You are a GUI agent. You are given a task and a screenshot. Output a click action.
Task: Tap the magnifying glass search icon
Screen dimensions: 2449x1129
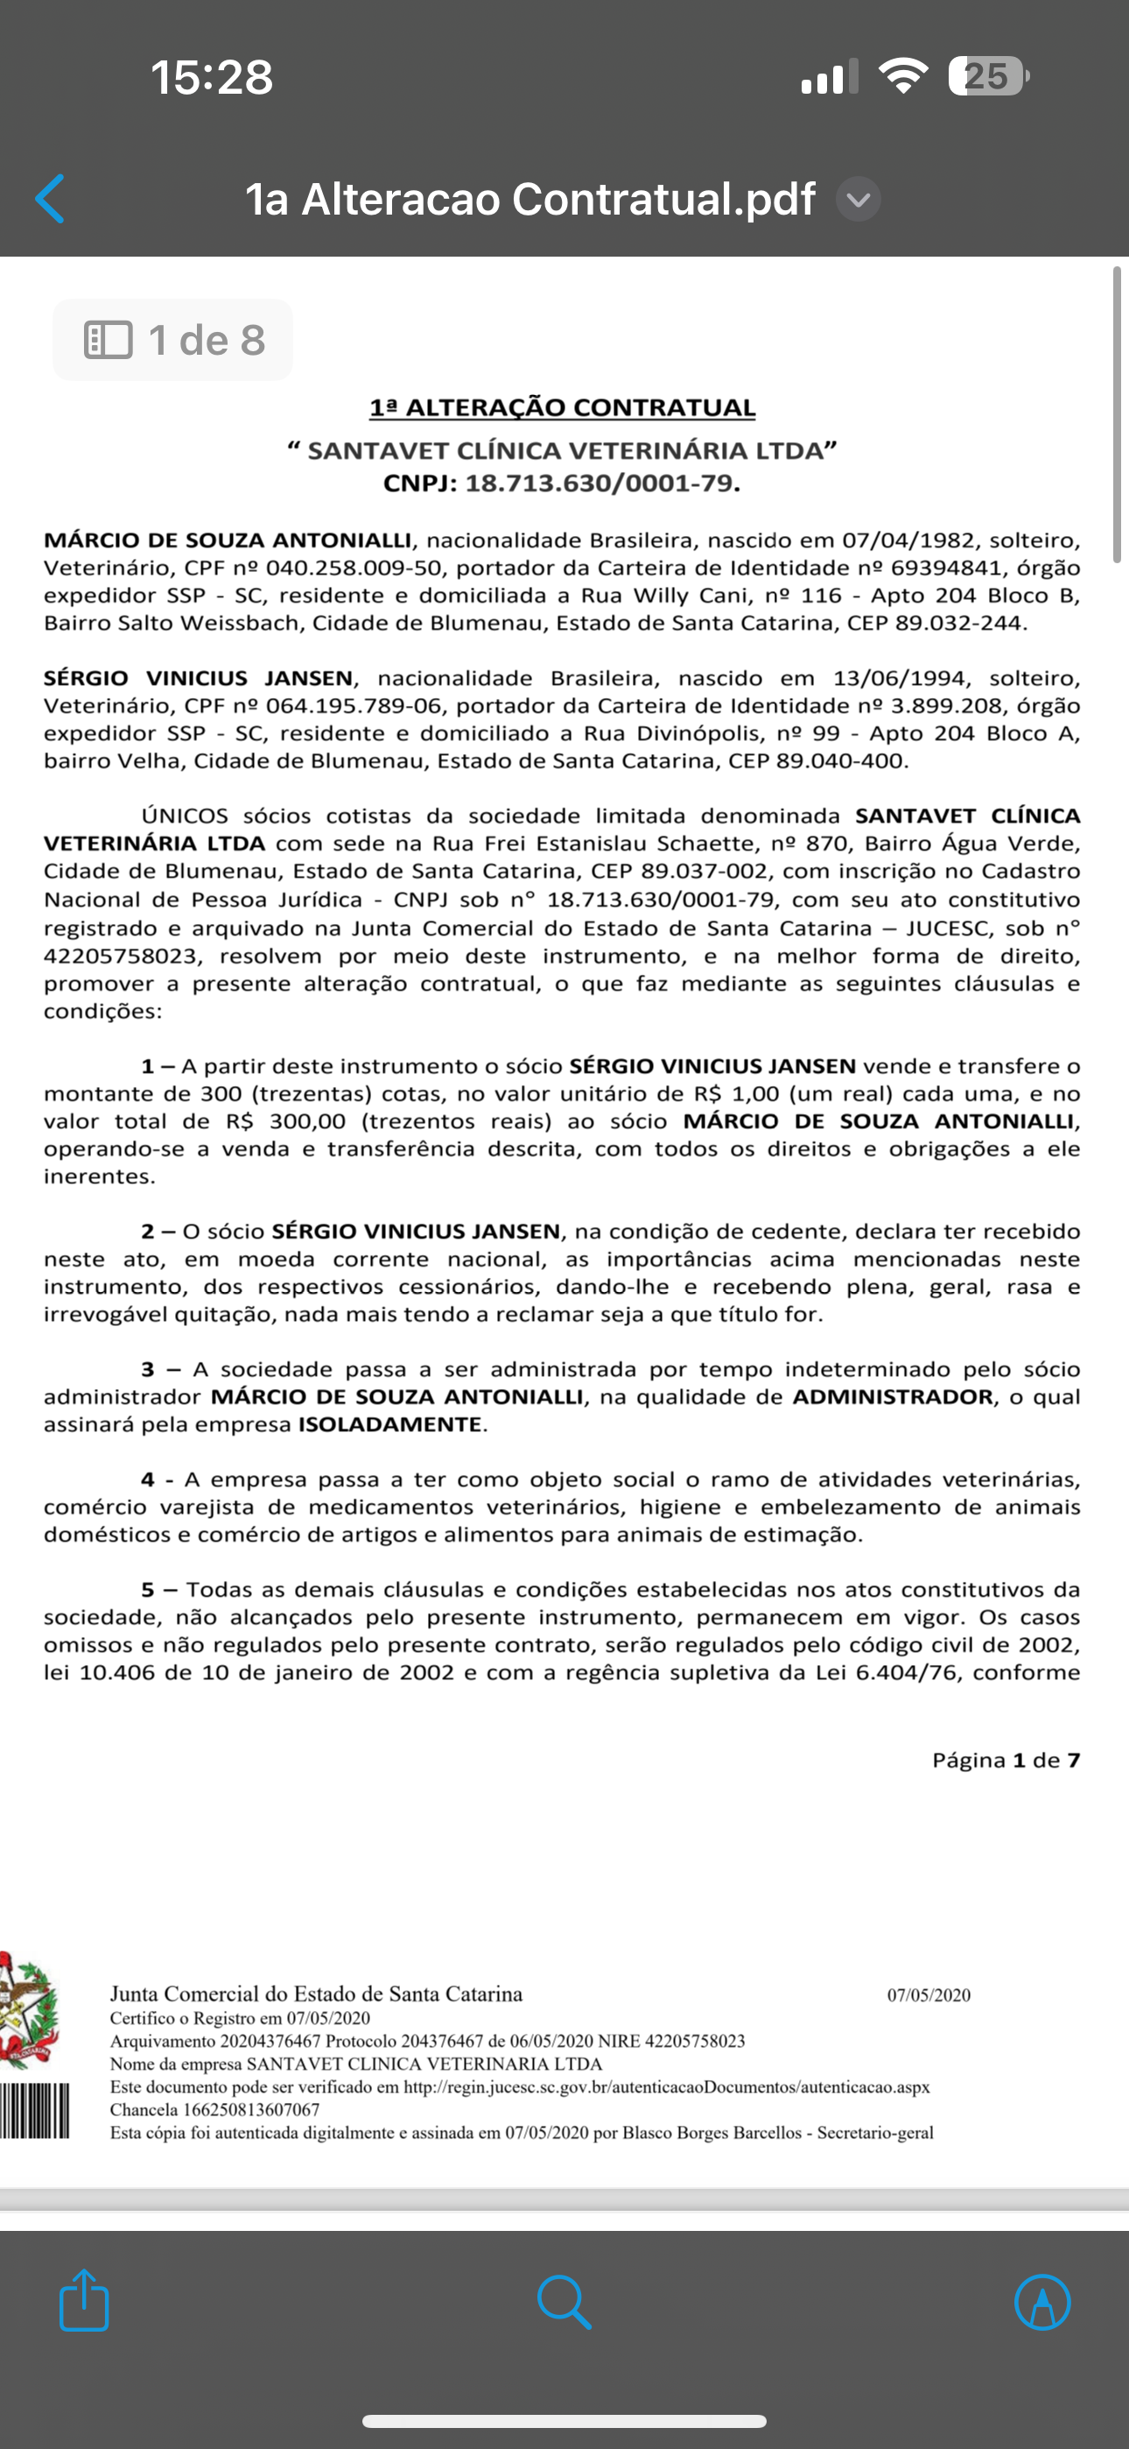(564, 2302)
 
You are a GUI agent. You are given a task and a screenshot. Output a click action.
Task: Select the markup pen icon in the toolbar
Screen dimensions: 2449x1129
(1042, 2302)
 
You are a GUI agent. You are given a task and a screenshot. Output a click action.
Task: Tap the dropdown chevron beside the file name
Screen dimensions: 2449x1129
(859, 200)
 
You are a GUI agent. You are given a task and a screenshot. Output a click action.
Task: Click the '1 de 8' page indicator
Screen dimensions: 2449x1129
(173, 341)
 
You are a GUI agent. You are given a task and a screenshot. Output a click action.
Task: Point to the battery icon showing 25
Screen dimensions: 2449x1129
(987, 76)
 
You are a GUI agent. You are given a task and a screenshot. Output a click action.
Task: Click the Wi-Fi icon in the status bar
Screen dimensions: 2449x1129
(903, 76)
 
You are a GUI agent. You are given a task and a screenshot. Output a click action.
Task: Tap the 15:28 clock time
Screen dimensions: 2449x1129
(212, 77)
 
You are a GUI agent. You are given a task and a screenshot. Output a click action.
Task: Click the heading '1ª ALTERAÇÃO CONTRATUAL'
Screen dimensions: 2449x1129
(563, 408)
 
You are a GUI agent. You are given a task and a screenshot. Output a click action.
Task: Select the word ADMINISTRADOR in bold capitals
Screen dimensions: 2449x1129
(893, 1396)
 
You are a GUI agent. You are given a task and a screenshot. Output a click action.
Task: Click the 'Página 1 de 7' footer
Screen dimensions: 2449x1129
(1006, 1760)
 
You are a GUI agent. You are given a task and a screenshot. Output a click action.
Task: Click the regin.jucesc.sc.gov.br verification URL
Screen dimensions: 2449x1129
(666, 2086)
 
